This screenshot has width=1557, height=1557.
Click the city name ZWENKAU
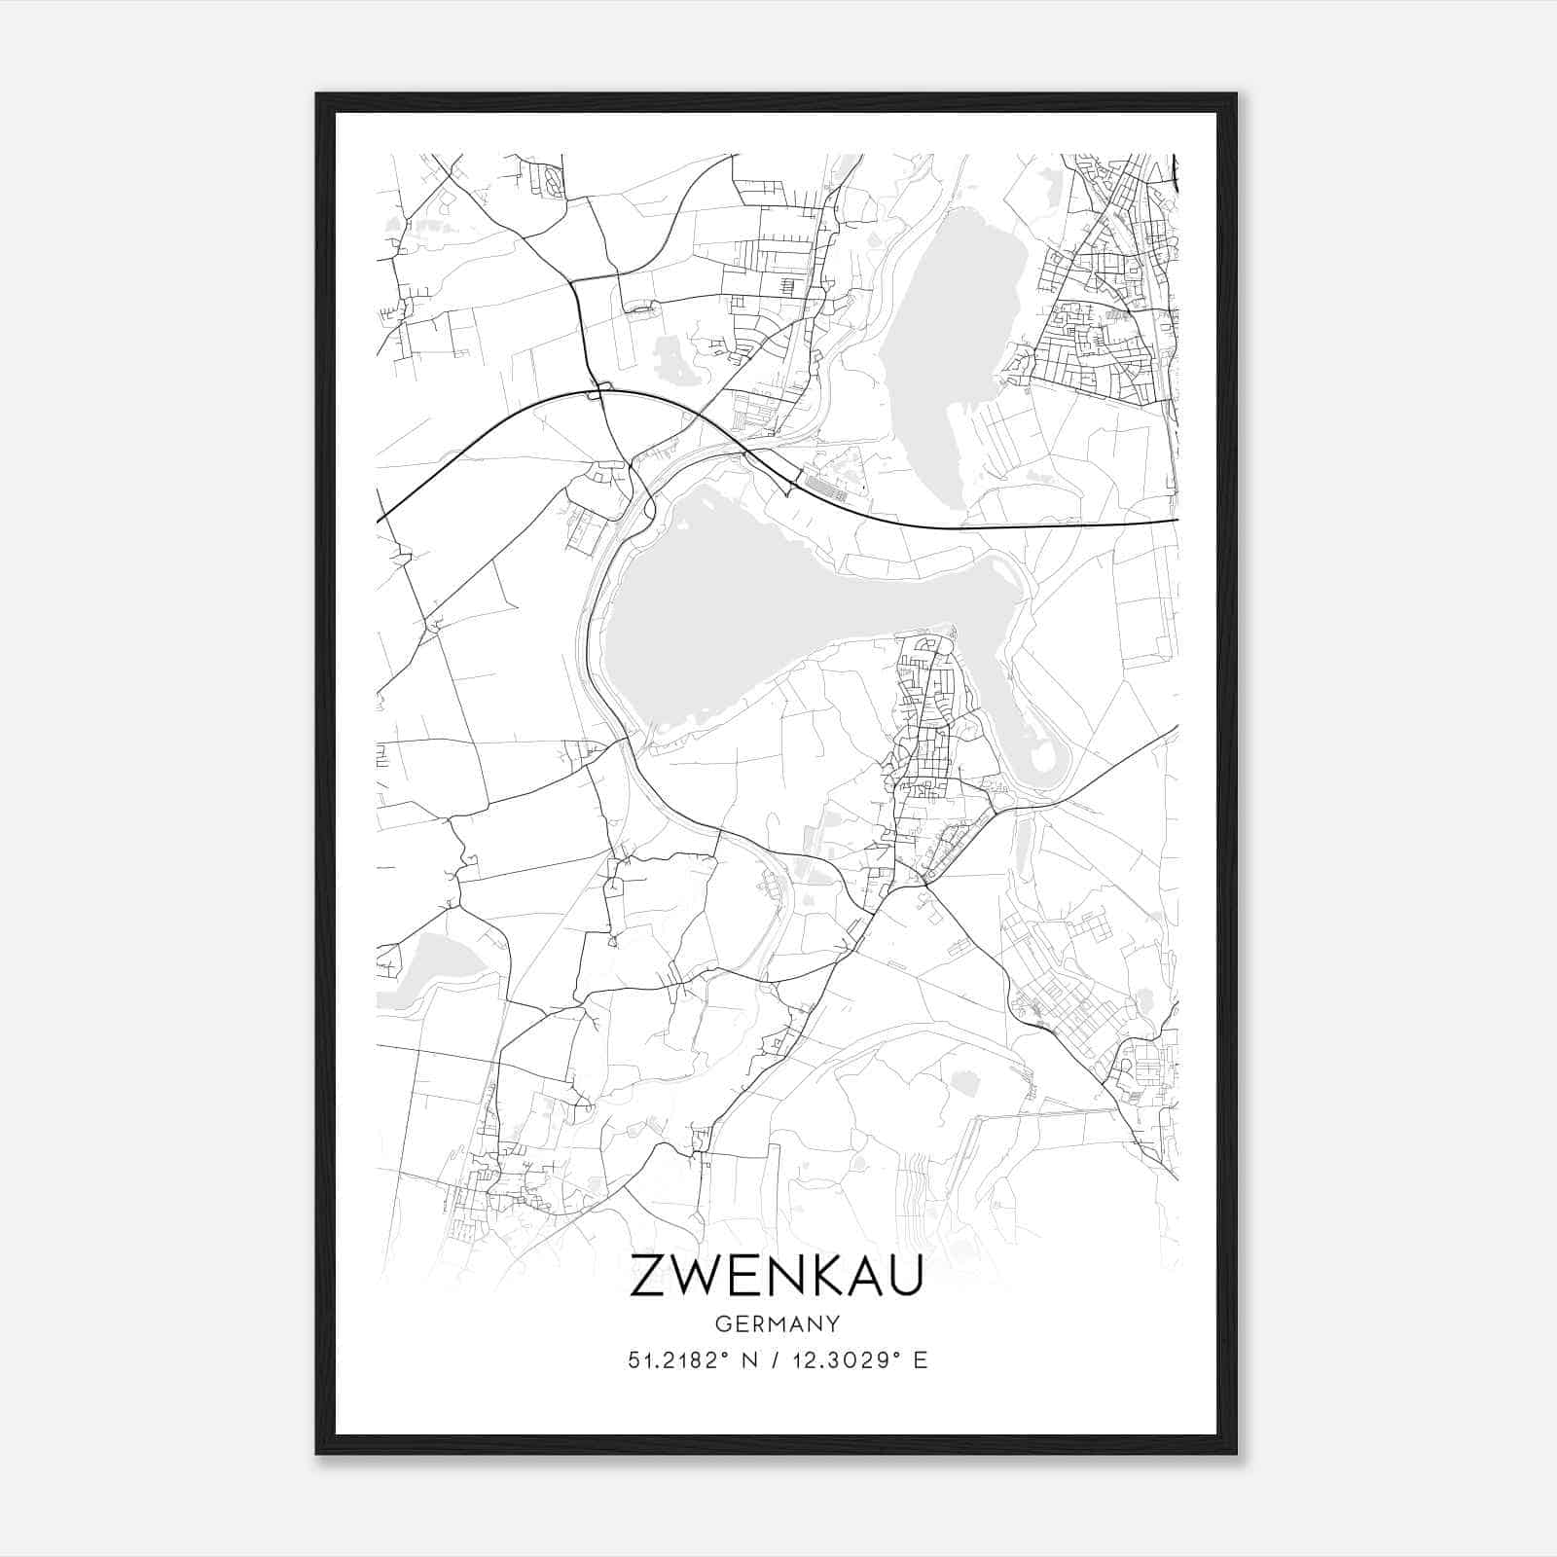point(777,1275)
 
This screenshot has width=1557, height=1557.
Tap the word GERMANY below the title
point(777,1323)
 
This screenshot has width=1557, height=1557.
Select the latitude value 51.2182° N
point(692,1359)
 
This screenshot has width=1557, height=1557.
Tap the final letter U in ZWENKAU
point(905,1275)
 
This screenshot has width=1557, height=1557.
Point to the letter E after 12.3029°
point(920,1359)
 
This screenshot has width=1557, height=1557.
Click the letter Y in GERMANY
point(833,1323)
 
